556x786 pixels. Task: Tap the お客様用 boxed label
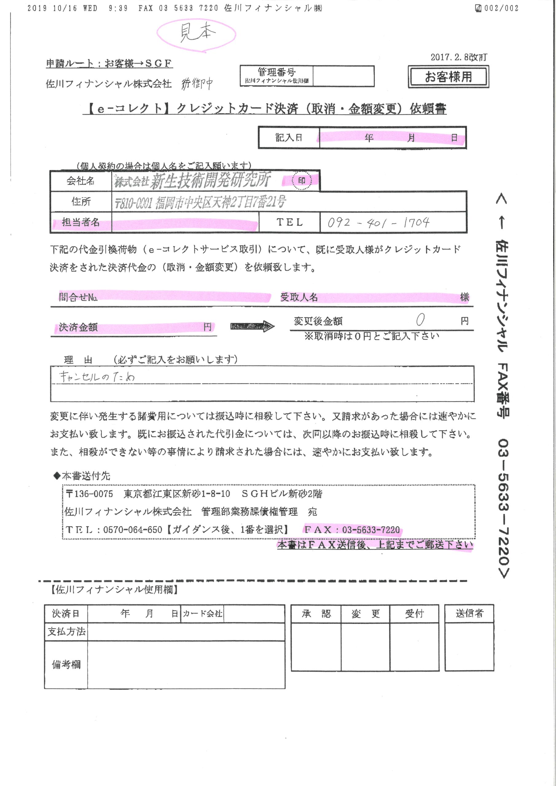coord(448,77)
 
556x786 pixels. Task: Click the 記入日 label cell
coord(289,138)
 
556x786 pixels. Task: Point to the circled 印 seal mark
coord(301,181)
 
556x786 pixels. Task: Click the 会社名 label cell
coord(81,181)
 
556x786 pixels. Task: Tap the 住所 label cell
coord(81,201)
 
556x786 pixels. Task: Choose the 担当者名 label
coord(81,223)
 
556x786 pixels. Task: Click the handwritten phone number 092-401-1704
coord(378,223)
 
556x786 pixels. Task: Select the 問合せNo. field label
coord(78,297)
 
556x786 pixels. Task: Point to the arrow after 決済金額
coord(252,327)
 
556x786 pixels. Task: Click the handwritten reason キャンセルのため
coord(97,377)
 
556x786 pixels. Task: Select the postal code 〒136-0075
coord(89,494)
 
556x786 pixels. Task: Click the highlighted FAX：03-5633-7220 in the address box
coord(352,530)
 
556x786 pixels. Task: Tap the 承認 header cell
coord(316,614)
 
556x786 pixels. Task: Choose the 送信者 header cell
coord(469,613)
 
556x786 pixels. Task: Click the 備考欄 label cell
coord(66,664)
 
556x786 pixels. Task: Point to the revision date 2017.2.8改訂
coord(459,57)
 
